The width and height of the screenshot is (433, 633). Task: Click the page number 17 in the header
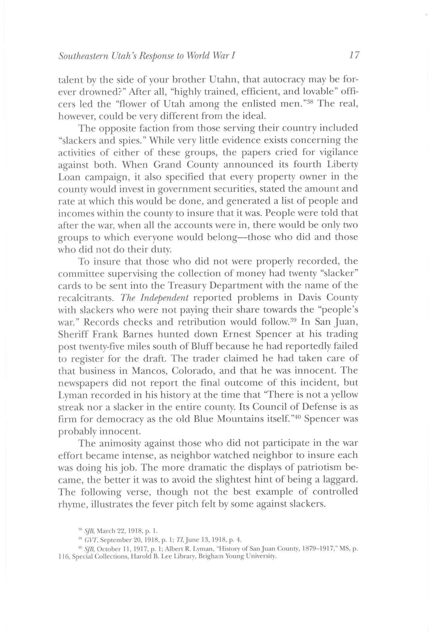click(x=354, y=55)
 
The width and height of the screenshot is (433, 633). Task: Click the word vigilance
click(x=334, y=152)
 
